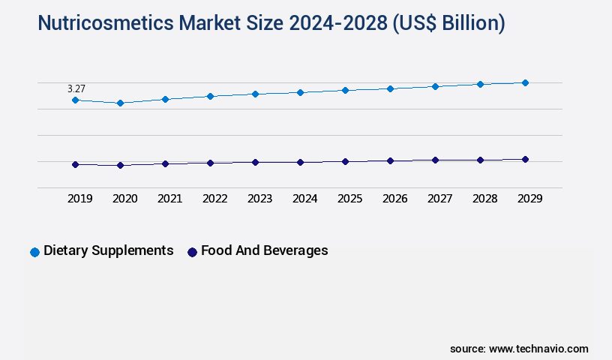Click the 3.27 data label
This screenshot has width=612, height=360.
pyautogui.click(x=76, y=88)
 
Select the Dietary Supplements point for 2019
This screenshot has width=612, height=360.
pyautogui.click(x=75, y=100)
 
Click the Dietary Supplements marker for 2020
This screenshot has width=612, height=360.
pyautogui.click(x=120, y=103)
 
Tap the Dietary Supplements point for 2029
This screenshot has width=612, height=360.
pyautogui.click(x=525, y=82)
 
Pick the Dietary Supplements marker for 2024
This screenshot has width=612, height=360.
pyautogui.click(x=300, y=92)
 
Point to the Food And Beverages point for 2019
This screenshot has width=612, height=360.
pyautogui.click(x=75, y=164)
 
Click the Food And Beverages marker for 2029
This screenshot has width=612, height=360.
pyautogui.click(x=525, y=159)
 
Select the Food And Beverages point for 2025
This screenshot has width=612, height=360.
pyautogui.click(x=345, y=161)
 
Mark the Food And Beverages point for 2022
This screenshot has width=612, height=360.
pyautogui.click(x=210, y=163)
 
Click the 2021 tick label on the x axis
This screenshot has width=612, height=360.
pyautogui.click(x=169, y=199)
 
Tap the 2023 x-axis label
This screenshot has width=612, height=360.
pyautogui.click(x=259, y=199)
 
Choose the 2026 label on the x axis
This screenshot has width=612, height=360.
pyautogui.click(x=394, y=199)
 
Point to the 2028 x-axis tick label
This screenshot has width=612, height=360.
pyautogui.click(x=484, y=199)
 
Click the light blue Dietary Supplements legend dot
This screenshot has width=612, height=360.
pyautogui.click(x=34, y=252)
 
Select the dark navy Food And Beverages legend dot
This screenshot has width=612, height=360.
pyautogui.click(x=192, y=252)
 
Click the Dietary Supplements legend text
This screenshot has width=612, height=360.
pyautogui.click(x=109, y=250)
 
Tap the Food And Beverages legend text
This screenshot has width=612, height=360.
pyautogui.click(x=264, y=250)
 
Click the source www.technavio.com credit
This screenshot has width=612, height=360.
pyautogui.click(x=519, y=349)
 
